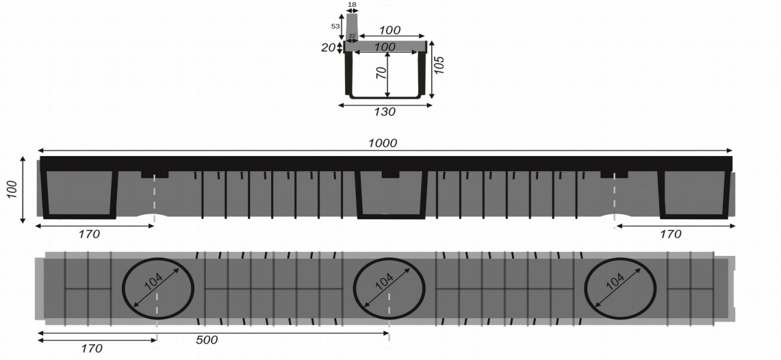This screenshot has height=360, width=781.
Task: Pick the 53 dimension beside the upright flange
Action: pyautogui.click(x=335, y=26)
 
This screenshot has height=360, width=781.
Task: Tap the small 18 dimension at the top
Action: pyautogui.click(x=352, y=4)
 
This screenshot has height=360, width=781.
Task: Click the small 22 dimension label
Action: pyautogui.click(x=352, y=36)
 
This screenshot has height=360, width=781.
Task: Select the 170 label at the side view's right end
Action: pyautogui.click(x=670, y=234)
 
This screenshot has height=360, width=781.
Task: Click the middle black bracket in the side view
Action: pyautogui.click(x=391, y=195)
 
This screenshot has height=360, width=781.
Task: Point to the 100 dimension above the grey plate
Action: pyautogui.click(x=389, y=31)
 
